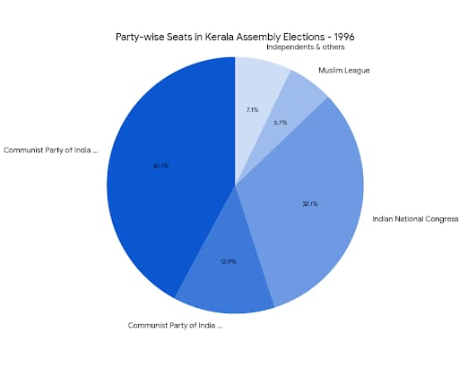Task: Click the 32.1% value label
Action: coord(310,203)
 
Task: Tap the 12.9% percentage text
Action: coord(228,261)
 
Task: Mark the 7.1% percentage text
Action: coord(252,109)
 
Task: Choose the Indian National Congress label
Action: coord(415,218)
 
